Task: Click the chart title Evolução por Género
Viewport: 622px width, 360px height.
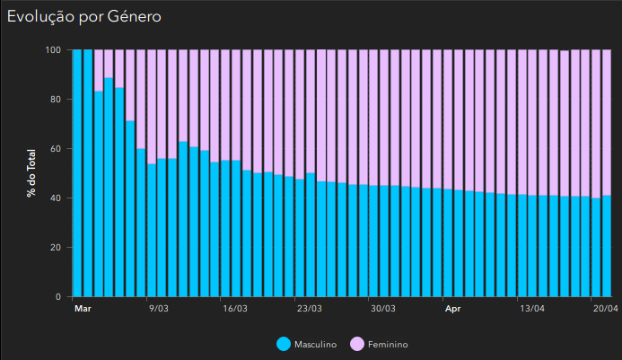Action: [84, 16]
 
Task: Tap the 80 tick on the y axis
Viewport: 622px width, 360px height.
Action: [55, 100]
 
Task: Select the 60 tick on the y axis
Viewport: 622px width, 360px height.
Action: [55, 149]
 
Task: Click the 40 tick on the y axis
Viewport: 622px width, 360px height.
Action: [55, 198]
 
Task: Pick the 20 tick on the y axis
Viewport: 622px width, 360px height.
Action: [55, 248]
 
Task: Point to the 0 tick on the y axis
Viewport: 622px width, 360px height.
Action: [57, 297]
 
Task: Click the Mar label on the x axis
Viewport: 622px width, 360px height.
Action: [83, 309]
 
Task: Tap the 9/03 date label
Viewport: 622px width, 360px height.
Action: [157, 309]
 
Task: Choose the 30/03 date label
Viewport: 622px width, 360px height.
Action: [383, 309]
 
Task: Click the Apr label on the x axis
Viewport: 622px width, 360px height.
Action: [453, 309]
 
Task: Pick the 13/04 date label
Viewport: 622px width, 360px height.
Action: [533, 309]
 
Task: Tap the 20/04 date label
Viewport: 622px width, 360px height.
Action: [605, 309]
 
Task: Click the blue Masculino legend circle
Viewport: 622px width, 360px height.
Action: [284, 344]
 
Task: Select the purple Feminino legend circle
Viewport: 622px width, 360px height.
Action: [355, 344]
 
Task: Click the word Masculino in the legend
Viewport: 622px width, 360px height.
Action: [316, 345]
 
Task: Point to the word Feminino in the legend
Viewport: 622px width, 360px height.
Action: [388, 345]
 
